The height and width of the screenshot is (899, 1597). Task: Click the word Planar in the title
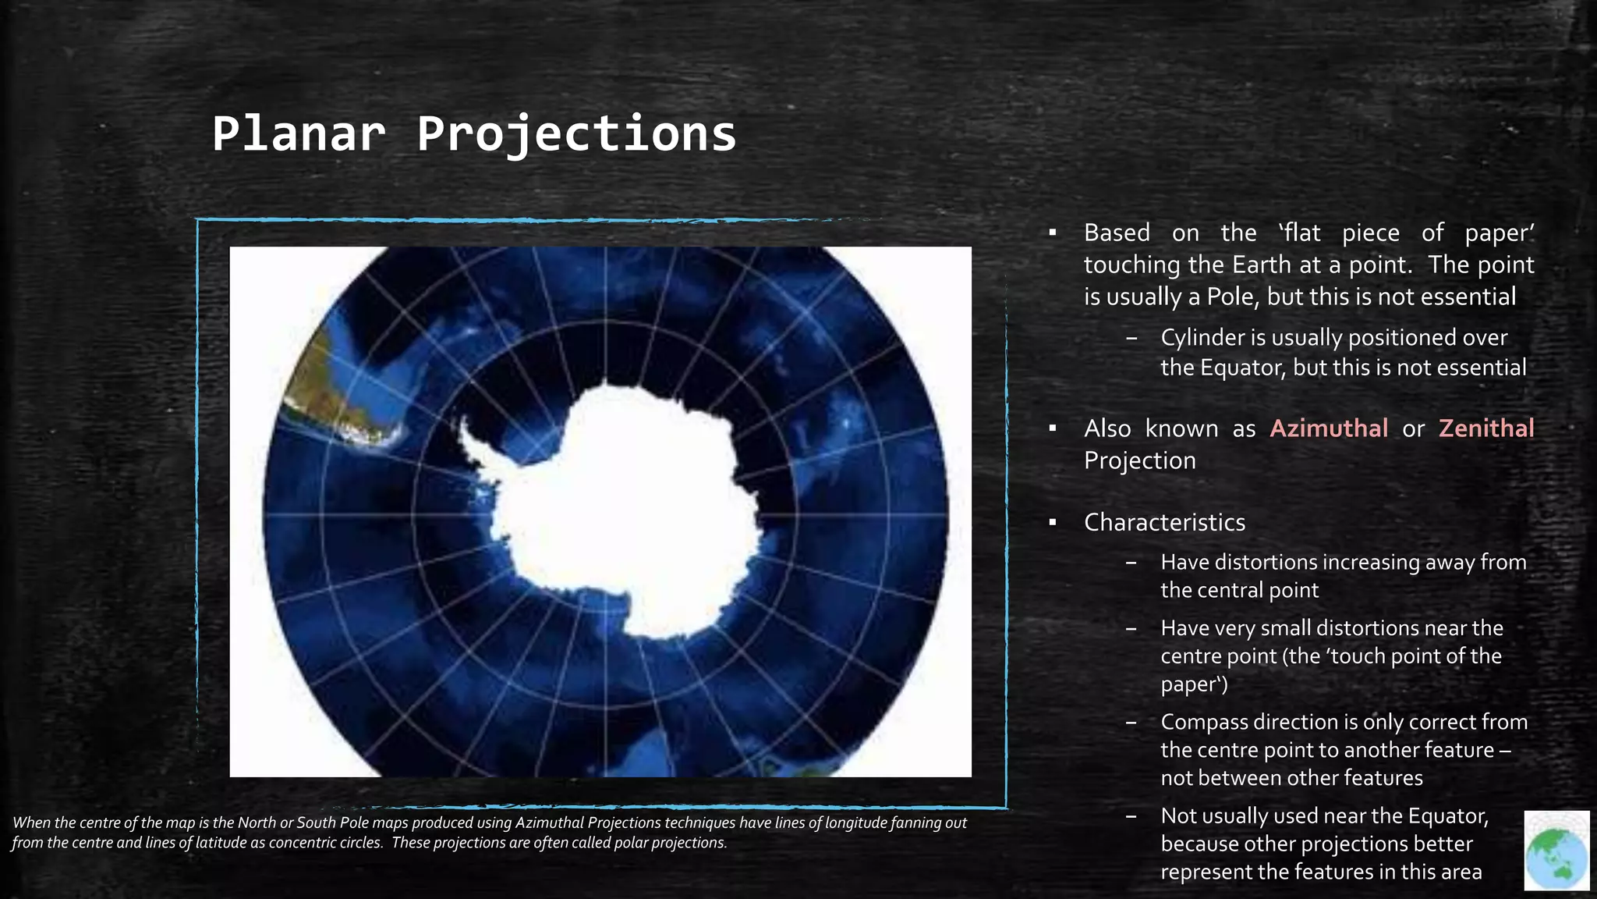click(299, 134)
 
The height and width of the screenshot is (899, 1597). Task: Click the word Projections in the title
click(576, 134)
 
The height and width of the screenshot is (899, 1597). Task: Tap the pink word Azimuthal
click(1329, 428)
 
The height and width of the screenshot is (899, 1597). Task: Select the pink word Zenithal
click(1486, 428)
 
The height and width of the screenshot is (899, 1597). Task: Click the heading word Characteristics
click(1164, 522)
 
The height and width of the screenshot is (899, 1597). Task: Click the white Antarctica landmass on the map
click(624, 507)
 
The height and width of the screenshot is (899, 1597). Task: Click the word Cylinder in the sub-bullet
click(1202, 338)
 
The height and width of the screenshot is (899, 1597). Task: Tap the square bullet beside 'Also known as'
click(1052, 428)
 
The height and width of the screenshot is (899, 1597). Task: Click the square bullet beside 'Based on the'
click(1052, 233)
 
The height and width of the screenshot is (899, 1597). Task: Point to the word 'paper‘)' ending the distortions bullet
click(1194, 685)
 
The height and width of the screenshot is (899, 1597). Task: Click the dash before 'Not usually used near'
click(1131, 816)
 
